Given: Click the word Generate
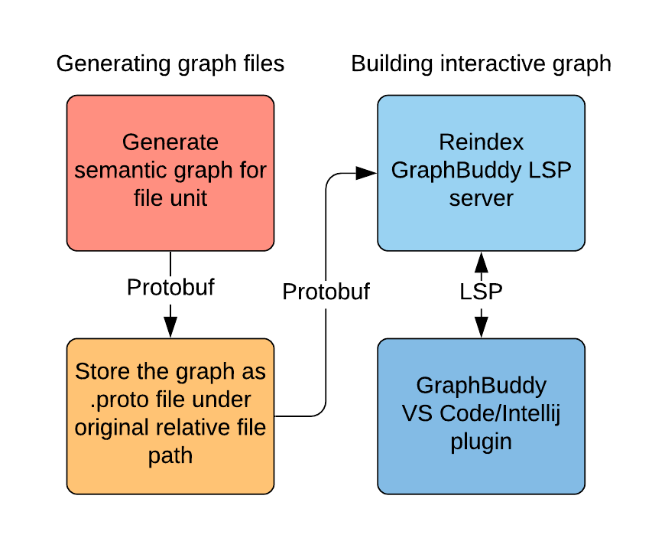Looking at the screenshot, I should pos(170,142).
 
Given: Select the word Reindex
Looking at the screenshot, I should pos(481,142).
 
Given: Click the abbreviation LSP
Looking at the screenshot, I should pos(550,171).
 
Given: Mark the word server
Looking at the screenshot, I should pos(481,199).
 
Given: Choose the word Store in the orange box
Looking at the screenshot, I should pos(102,372).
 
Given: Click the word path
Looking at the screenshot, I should pos(170,456).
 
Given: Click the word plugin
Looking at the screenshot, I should pos(481,442).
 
